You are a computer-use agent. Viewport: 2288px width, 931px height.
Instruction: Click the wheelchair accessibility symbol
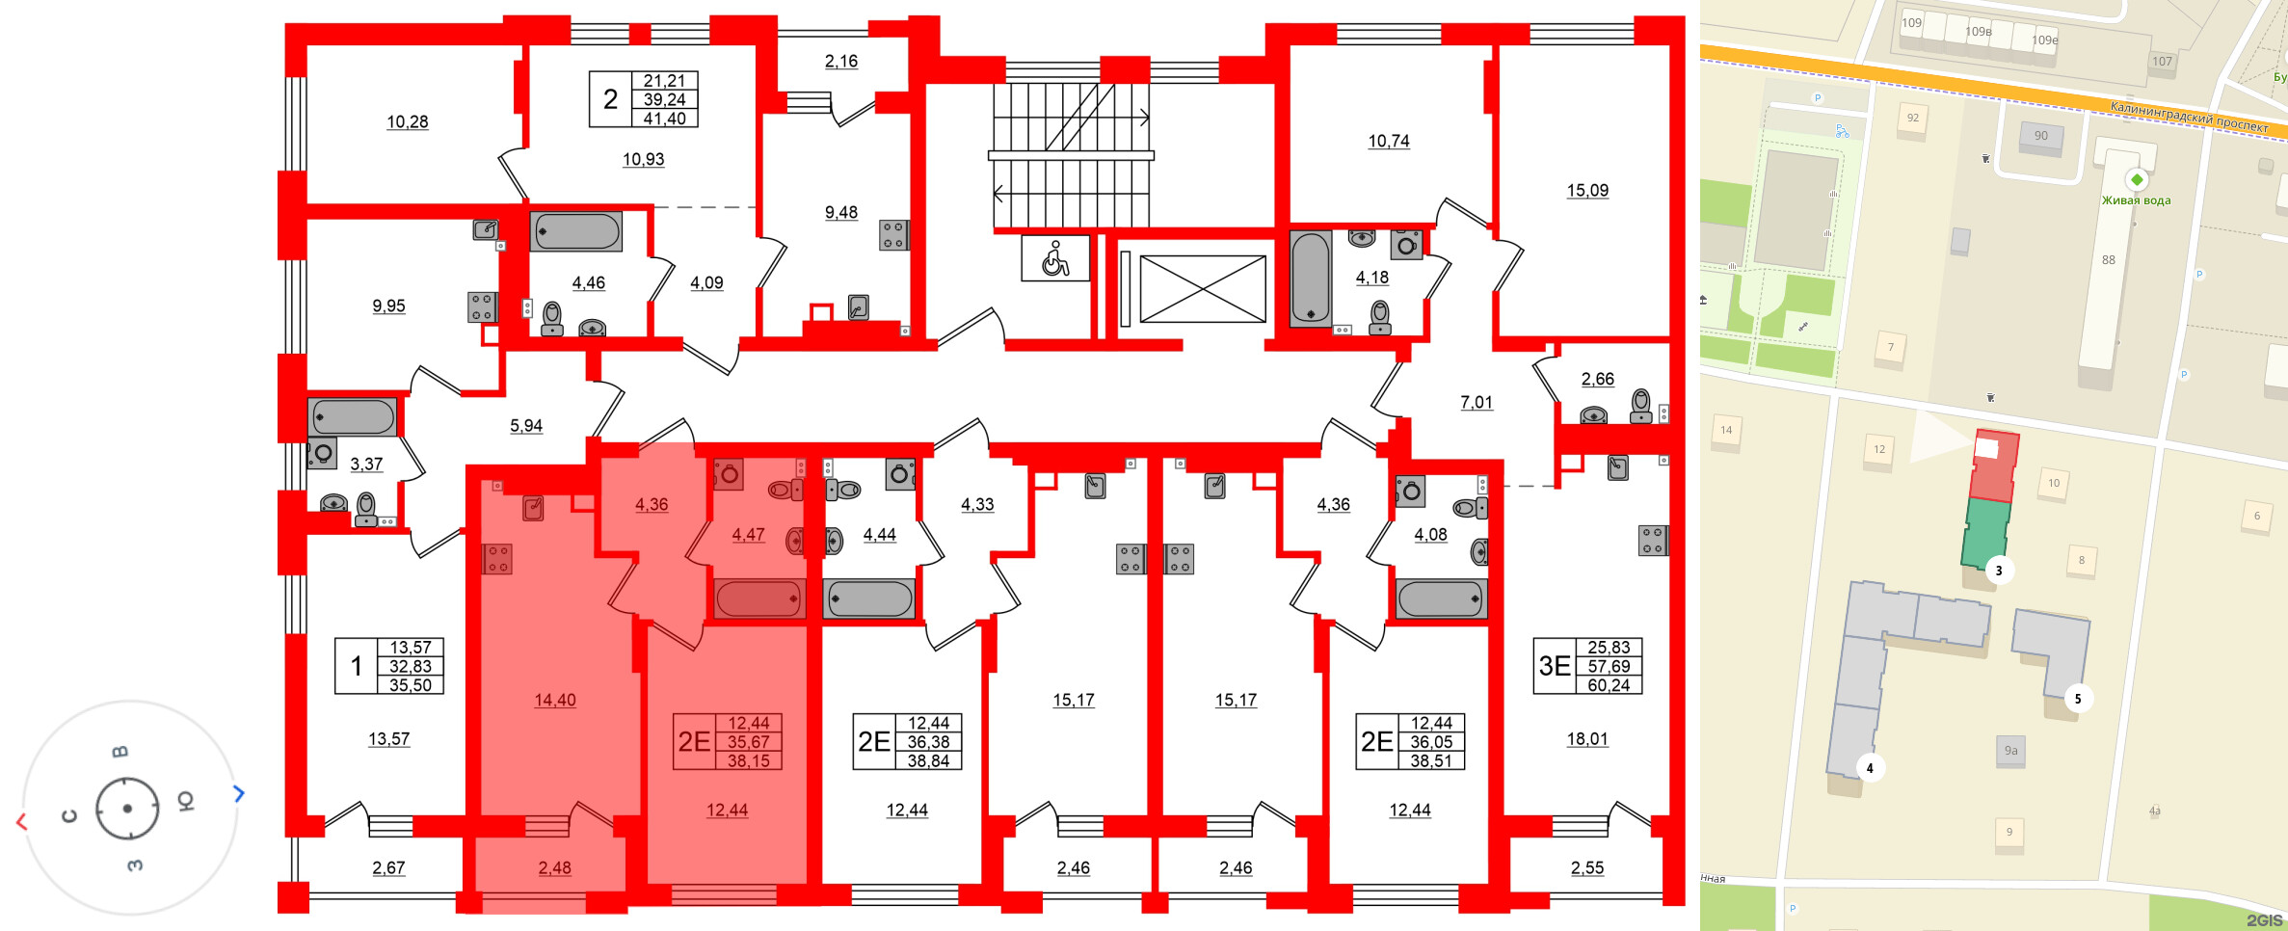pyautogui.click(x=1055, y=258)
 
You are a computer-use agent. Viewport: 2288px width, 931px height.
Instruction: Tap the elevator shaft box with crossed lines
pyautogui.click(x=1202, y=289)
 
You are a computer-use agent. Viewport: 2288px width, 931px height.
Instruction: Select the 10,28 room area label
pyautogui.click(x=407, y=122)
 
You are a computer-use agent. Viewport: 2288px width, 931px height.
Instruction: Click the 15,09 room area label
pyautogui.click(x=1586, y=191)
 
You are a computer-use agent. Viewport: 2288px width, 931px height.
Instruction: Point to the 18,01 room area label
pyautogui.click(x=1586, y=739)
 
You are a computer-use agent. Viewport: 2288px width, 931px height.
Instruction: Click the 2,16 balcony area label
pyautogui.click(x=840, y=62)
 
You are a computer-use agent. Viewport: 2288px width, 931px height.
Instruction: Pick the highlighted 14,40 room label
pyautogui.click(x=555, y=701)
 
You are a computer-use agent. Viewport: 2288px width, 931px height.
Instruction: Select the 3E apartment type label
pyautogui.click(x=1554, y=666)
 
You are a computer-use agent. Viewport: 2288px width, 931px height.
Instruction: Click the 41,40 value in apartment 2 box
pyautogui.click(x=664, y=119)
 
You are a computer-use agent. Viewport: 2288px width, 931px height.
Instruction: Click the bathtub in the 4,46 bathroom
pyautogui.click(x=576, y=231)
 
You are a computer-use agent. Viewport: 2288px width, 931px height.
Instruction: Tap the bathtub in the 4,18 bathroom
pyautogui.click(x=1310, y=278)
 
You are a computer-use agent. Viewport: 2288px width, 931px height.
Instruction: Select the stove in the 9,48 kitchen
pyautogui.click(x=892, y=235)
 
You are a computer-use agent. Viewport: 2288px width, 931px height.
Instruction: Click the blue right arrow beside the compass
pyautogui.click(x=239, y=793)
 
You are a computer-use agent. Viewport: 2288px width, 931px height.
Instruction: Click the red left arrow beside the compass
pyautogui.click(x=21, y=821)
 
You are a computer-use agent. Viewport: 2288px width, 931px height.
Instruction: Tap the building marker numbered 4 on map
pyautogui.click(x=1870, y=768)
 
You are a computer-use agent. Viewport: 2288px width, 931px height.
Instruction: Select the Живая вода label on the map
pyautogui.click(x=2136, y=200)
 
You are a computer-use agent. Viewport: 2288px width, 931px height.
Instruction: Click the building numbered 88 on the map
pyautogui.click(x=2108, y=260)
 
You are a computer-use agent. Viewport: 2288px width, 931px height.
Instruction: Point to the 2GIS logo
pyautogui.click(x=2264, y=920)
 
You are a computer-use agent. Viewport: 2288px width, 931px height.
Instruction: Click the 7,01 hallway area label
pyautogui.click(x=1476, y=403)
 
